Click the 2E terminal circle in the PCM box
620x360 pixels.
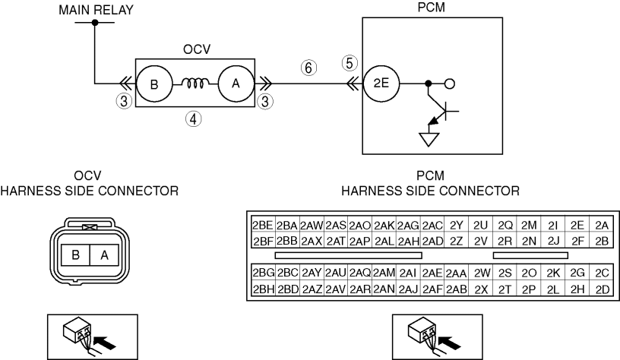[x=381, y=84]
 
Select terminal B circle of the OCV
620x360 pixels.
[x=154, y=84]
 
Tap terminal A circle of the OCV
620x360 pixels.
[x=236, y=84]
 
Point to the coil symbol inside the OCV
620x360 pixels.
[x=195, y=83]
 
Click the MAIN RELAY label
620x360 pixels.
[x=96, y=9]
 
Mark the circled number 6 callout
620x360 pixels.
[x=308, y=68]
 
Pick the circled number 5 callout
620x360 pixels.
[x=350, y=63]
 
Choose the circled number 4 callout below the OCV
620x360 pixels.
[x=193, y=118]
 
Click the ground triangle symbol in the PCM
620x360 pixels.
[x=429, y=139]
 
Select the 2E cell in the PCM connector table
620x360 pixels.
[x=577, y=225]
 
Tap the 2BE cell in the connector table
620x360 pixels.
[x=263, y=225]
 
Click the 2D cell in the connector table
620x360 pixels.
[x=602, y=289]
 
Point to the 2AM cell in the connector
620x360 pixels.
[x=384, y=273]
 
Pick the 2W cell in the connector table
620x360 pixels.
[x=481, y=273]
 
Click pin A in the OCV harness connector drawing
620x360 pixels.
[x=104, y=255]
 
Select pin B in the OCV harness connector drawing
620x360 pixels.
[x=75, y=255]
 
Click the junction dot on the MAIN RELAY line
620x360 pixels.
[x=95, y=23]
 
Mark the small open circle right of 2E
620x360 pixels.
[x=450, y=84]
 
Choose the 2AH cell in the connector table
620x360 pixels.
[x=408, y=241]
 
